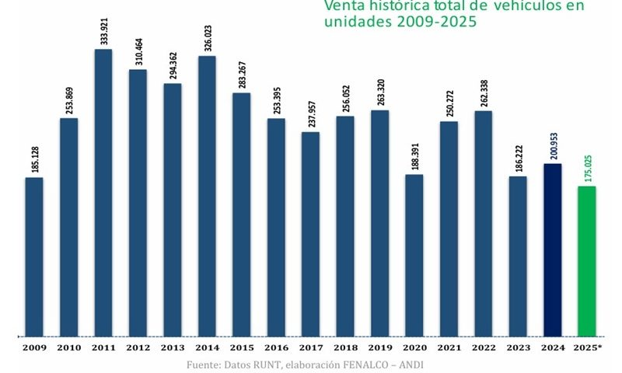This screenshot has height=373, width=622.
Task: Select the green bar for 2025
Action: tap(586, 261)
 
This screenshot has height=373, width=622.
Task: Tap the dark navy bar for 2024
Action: tap(552, 249)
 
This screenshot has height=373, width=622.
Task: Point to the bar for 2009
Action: tap(34, 256)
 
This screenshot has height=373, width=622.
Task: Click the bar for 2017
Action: tap(310, 234)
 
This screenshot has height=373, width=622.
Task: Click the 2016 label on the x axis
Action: tap(276, 347)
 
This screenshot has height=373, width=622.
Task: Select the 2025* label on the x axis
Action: tap(588, 347)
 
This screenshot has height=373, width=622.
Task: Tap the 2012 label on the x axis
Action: tap(138, 347)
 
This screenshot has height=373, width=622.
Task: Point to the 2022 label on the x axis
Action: tap(483, 347)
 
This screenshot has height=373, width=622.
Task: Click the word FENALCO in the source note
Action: tap(373, 364)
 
